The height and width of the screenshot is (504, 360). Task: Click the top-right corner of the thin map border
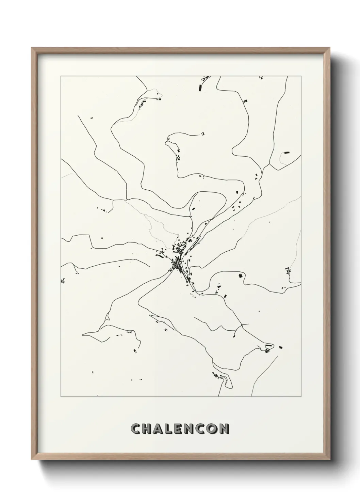pos(301,76)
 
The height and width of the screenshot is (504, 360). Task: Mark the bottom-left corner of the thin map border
pos(61,397)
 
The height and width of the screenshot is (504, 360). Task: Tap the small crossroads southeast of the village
pos(242,325)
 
